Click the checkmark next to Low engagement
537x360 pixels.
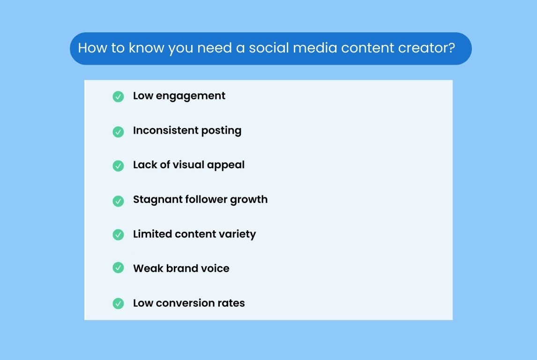tap(118, 97)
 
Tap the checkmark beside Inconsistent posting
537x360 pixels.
tap(118, 132)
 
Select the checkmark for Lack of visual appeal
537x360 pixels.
tap(118, 166)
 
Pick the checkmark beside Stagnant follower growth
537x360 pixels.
tap(118, 201)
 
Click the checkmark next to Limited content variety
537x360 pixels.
tap(118, 234)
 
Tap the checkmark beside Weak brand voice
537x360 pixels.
tap(118, 268)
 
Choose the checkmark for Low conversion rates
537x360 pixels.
tap(118, 303)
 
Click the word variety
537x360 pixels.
tap(239, 234)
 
